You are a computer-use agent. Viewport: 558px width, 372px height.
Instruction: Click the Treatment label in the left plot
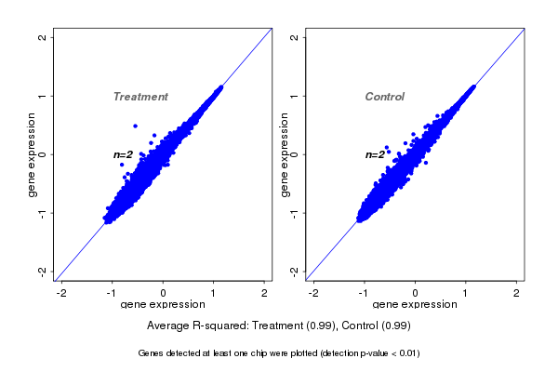pos(140,97)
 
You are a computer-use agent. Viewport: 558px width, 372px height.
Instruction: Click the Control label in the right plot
pos(385,97)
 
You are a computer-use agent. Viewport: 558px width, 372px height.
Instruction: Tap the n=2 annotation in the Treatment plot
pos(124,154)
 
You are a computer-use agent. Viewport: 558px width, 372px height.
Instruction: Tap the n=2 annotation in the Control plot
pos(375,154)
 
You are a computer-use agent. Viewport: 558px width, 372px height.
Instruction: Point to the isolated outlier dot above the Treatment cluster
pos(135,126)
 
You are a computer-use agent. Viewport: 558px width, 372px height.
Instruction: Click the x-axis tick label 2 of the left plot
pos(265,294)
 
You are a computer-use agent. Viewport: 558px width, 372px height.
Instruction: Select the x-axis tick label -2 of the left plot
pos(61,294)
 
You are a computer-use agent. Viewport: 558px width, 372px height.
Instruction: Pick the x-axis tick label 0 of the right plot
pos(415,294)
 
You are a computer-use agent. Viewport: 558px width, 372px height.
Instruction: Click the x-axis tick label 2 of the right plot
pos(517,294)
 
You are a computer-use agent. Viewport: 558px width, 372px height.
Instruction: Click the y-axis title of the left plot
pos(32,154)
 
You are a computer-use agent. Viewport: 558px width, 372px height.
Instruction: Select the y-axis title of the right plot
pos(284,154)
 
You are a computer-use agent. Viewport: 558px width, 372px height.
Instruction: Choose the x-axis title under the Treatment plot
pos(163,304)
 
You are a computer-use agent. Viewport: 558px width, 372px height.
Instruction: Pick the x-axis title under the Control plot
pos(415,304)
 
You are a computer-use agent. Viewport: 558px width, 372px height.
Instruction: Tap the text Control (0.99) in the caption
pos(375,325)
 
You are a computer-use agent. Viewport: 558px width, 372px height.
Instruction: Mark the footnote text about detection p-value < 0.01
pos(279,353)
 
